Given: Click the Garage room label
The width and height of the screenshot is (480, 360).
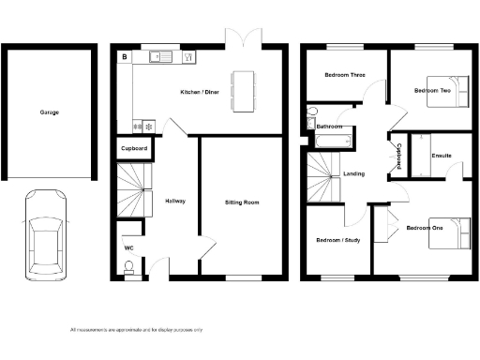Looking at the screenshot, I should (49, 112).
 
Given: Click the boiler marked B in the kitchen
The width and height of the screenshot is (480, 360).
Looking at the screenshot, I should (124, 57).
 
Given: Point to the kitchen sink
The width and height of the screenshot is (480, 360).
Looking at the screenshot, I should (159, 57).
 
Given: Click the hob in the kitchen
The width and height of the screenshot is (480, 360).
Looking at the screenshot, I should (145, 124).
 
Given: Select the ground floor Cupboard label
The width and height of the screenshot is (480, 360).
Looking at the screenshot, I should (132, 149).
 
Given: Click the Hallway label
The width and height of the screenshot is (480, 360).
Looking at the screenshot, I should (175, 202).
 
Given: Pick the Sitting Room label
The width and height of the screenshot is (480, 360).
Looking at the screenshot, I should (241, 202).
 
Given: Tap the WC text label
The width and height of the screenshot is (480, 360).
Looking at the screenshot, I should (129, 247).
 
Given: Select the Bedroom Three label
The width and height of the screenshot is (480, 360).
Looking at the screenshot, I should (344, 75).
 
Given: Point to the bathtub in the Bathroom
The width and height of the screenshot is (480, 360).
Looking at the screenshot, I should (332, 142).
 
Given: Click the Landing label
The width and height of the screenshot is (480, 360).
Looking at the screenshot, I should (354, 173).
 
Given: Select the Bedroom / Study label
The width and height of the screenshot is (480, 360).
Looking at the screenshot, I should (337, 241).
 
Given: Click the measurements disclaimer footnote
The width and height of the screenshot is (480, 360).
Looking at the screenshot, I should (136, 330).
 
